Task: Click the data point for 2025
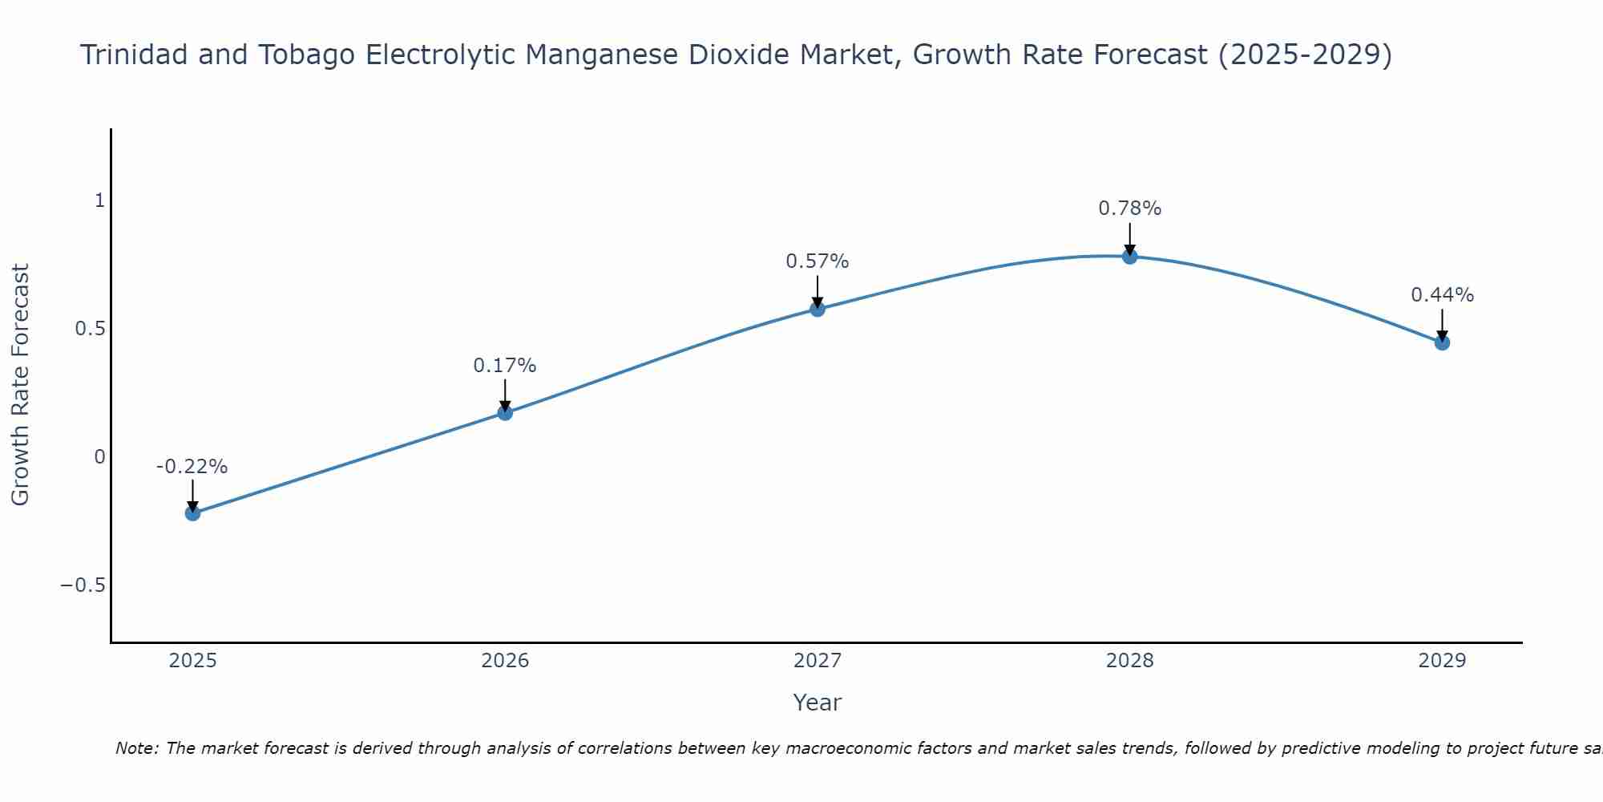(x=192, y=512)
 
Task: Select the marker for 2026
(x=505, y=412)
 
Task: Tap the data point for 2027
(x=818, y=309)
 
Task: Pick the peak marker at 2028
(x=1129, y=257)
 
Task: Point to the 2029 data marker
(x=1442, y=342)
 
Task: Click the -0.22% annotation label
(x=192, y=467)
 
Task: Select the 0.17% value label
(x=505, y=366)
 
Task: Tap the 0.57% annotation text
(x=818, y=261)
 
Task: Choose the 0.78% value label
(x=1129, y=209)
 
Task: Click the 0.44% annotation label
(x=1442, y=295)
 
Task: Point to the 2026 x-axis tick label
(x=505, y=661)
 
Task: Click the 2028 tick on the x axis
(x=1129, y=661)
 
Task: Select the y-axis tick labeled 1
(x=99, y=200)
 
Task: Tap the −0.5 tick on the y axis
(x=83, y=585)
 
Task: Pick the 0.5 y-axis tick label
(x=91, y=329)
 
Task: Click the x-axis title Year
(x=817, y=703)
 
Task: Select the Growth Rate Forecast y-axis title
(x=21, y=384)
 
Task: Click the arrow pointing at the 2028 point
(x=1129, y=238)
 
